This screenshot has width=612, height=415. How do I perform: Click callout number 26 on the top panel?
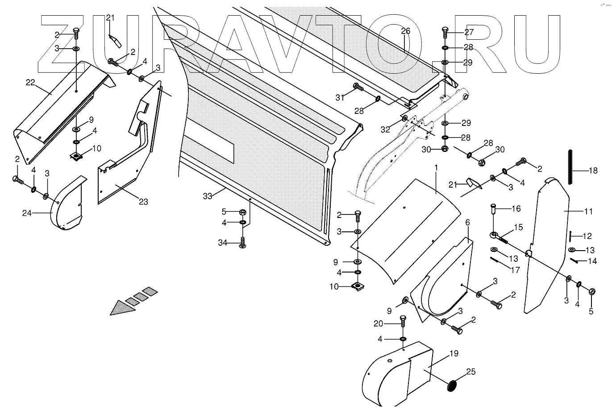pos(405,31)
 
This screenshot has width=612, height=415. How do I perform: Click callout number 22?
pos(30,82)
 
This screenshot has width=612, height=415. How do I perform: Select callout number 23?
pos(143,201)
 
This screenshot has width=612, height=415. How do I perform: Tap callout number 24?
pos(27,213)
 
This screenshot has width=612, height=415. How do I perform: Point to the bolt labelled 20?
pos(403,320)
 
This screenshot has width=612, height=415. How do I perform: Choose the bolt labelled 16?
pos(493,210)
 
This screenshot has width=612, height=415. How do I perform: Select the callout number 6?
pos(467,222)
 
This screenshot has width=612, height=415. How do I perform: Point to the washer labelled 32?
pos(404,119)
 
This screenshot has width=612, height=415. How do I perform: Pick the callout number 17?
pos(515,270)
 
